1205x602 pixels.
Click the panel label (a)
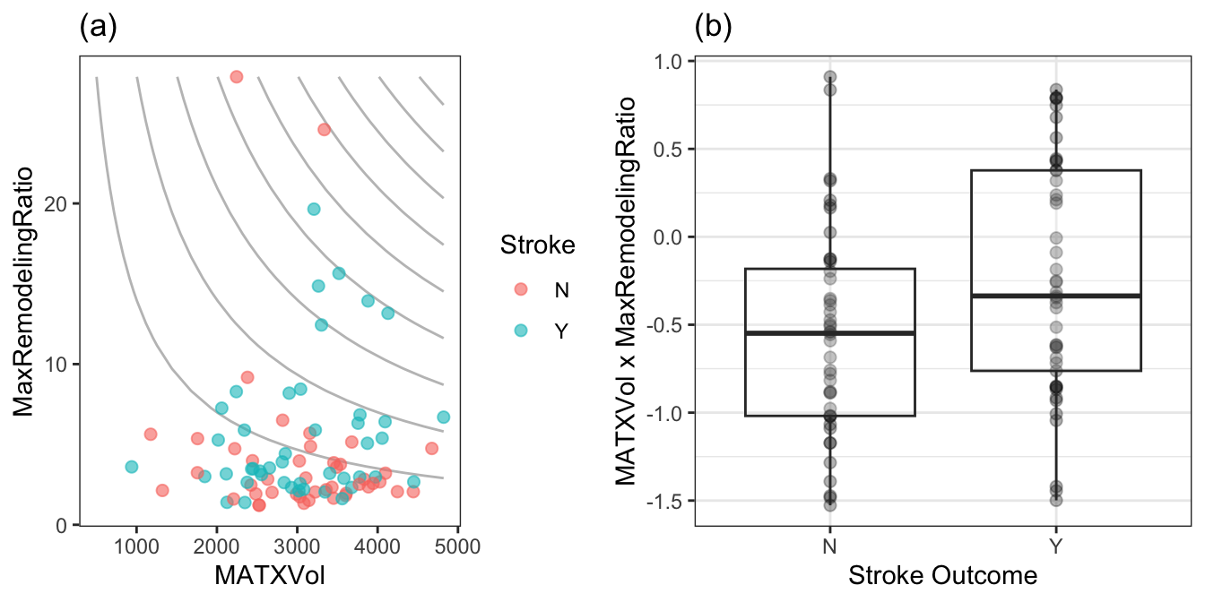click(98, 28)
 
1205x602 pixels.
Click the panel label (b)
click(714, 28)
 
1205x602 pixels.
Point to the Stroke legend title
click(538, 244)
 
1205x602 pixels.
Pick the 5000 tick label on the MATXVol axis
click(457, 546)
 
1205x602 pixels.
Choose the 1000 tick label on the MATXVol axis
click(136, 546)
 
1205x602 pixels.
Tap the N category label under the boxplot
click(829, 546)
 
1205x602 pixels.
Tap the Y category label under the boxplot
click(1056, 546)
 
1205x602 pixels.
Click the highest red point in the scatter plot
click(237, 77)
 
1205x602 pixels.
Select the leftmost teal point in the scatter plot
click(132, 467)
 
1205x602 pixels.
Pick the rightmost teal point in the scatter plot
click(443, 417)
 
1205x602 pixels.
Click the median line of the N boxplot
click(829, 333)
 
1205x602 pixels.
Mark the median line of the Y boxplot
click(1056, 296)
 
